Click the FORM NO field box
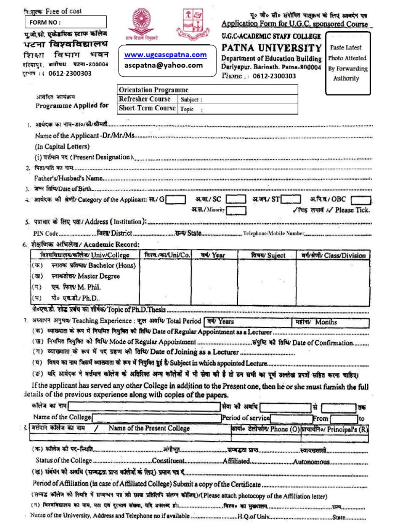[65, 22]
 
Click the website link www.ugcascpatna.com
[165, 55]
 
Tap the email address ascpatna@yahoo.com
[164, 65]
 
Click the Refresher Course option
[145, 99]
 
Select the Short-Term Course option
[147, 108]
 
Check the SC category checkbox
[236, 200]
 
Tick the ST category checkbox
[290, 200]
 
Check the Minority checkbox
[236, 210]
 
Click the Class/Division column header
[333, 255]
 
